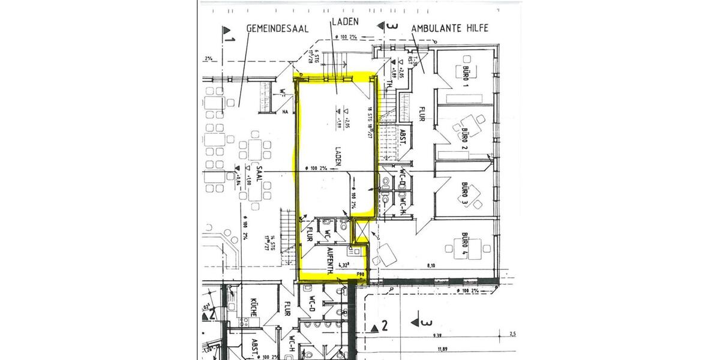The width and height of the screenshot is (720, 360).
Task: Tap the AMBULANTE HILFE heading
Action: [449, 28]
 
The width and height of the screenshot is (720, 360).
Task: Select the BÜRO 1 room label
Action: [464, 76]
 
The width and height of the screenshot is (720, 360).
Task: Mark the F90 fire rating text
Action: [361, 275]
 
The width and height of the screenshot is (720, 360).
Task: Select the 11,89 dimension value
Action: [442, 349]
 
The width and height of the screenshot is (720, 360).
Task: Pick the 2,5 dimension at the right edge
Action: [512, 334]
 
